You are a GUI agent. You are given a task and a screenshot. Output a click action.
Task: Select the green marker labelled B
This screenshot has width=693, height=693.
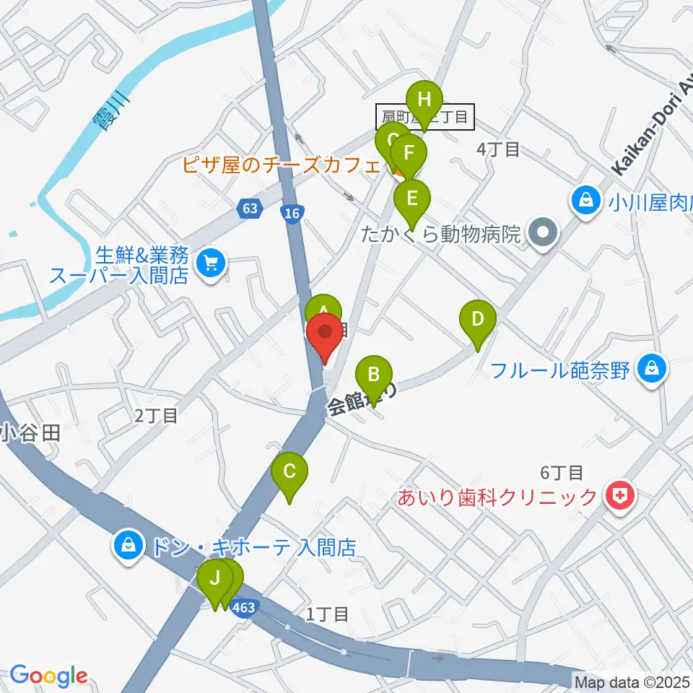click(x=374, y=376)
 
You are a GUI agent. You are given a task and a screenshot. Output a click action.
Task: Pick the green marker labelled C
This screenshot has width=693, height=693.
click(x=289, y=474)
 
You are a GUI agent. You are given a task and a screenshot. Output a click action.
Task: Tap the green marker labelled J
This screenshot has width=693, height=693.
click(x=215, y=579)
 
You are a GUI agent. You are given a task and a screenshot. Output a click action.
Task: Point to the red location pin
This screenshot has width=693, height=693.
click(x=325, y=336)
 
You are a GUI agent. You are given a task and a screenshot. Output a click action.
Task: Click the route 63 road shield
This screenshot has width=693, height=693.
click(x=249, y=209)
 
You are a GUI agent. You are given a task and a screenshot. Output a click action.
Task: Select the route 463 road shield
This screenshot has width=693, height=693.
click(x=244, y=608)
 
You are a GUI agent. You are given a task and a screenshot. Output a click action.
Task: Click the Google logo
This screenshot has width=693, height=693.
click(x=48, y=676)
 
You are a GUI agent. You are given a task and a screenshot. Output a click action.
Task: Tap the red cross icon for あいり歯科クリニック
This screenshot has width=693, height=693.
click(x=618, y=496)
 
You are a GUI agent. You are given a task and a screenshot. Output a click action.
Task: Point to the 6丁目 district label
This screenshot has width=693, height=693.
click(x=562, y=473)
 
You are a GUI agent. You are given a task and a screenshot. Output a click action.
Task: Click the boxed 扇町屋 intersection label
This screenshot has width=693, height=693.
click(x=425, y=116)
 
